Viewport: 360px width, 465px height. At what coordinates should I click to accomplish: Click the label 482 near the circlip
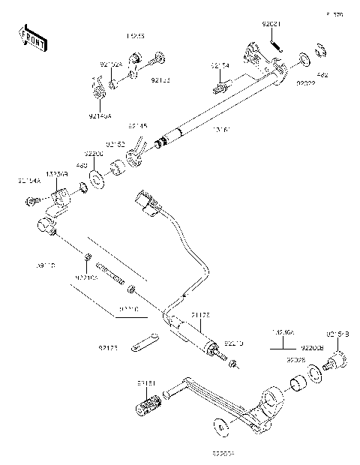(x=322, y=75)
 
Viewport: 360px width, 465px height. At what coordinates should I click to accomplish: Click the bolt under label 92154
(x=221, y=87)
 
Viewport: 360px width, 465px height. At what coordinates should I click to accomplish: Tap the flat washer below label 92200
(x=97, y=178)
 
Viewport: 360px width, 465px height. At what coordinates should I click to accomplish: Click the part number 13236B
(x=57, y=173)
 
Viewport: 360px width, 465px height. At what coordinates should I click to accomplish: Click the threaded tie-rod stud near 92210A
(x=109, y=274)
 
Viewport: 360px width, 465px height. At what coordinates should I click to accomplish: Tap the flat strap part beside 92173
(x=142, y=344)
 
